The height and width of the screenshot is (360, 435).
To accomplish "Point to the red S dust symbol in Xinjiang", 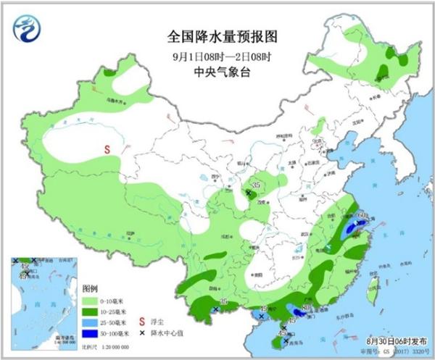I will tap(107, 150).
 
